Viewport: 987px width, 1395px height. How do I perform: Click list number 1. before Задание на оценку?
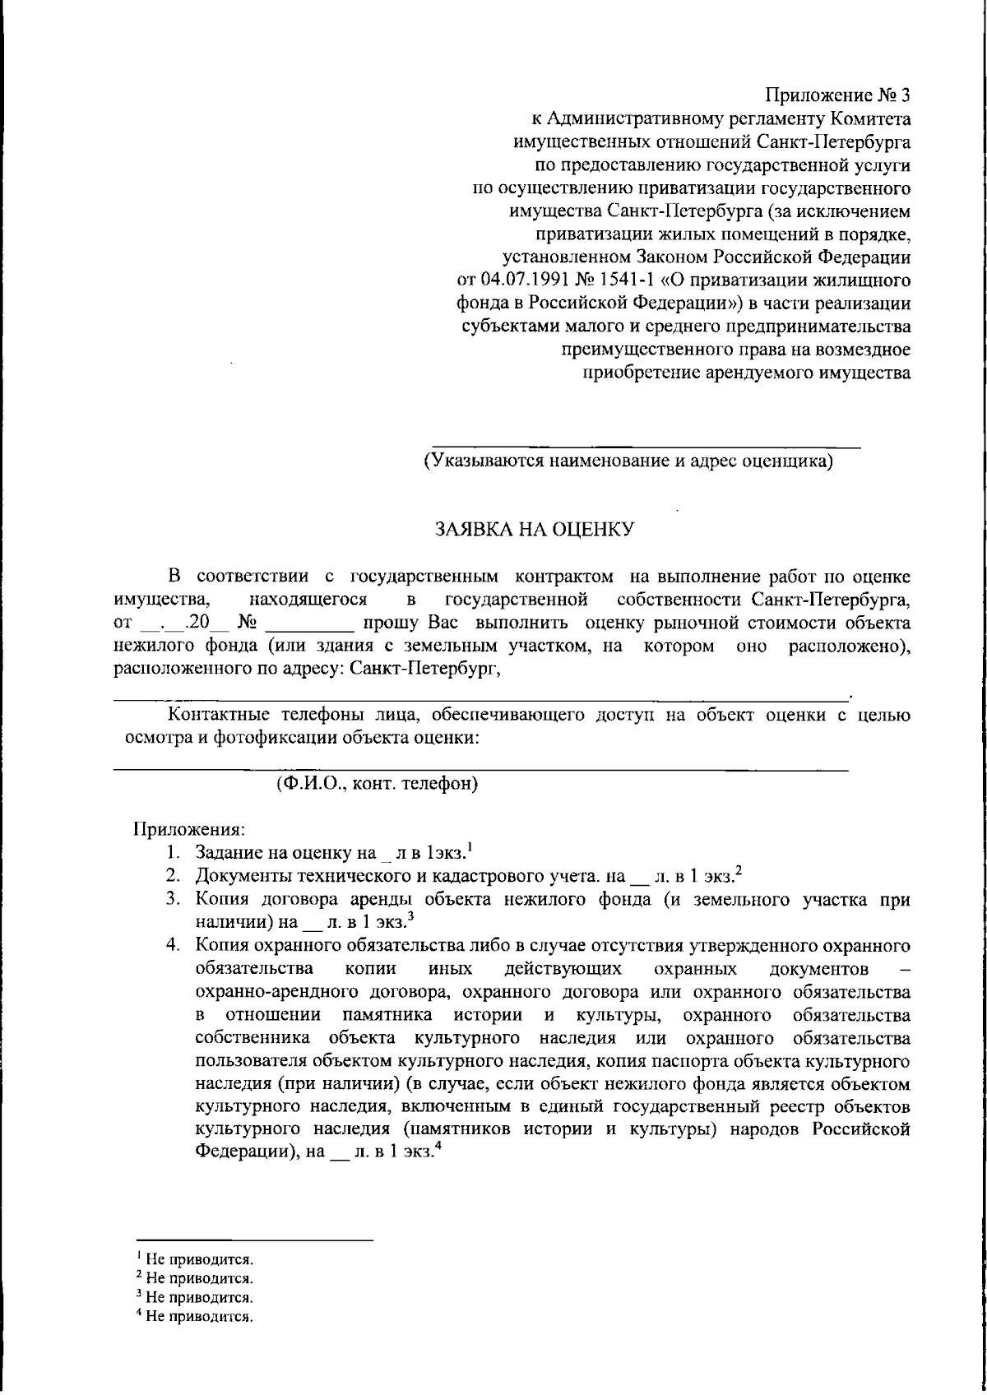click(x=174, y=851)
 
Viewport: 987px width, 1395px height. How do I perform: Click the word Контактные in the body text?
click(x=214, y=714)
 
